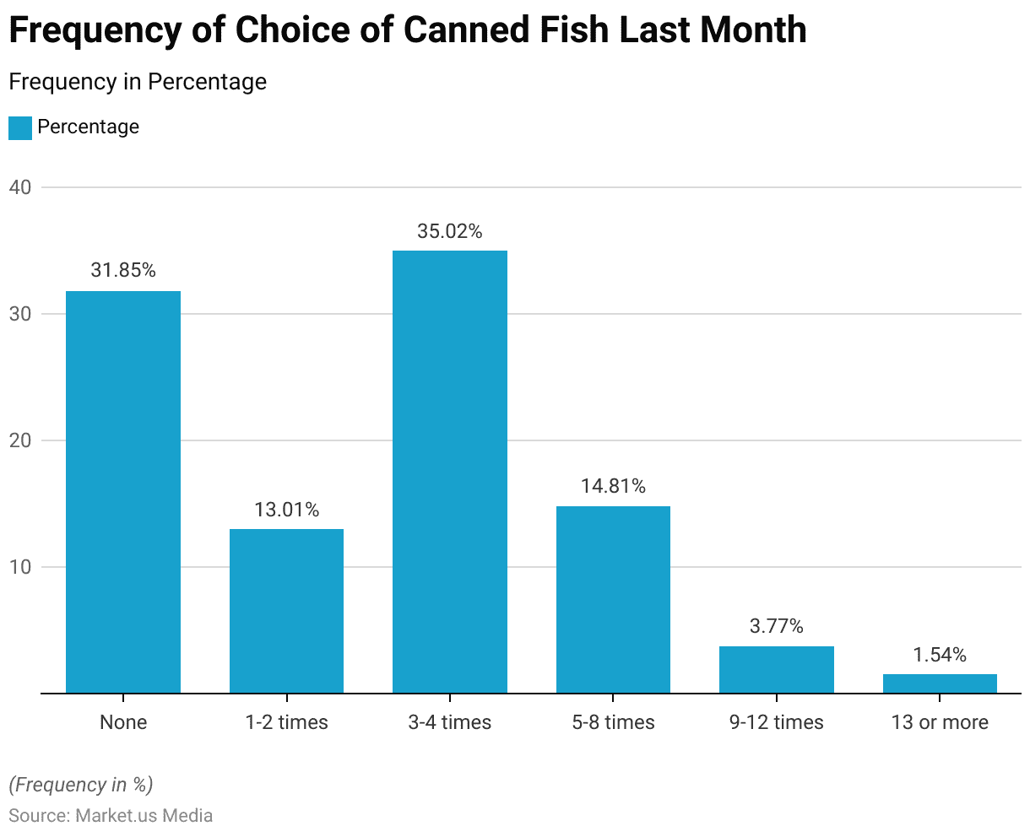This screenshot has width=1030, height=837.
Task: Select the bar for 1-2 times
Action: (x=286, y=611)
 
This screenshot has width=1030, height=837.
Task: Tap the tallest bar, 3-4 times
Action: (x=450, y=472)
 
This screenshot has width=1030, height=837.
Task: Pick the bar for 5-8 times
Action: (x=613, y=600)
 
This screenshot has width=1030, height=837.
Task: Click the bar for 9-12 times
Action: (x=777, y=670)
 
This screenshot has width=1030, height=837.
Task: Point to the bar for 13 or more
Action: (x=940, y=683)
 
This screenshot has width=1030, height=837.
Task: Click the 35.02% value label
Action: (x=450, y=231)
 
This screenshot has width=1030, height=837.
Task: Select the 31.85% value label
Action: (x=123, y=271)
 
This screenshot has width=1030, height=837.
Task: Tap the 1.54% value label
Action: (x=940, y=655)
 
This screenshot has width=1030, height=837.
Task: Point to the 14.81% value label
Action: (x=613, y=487)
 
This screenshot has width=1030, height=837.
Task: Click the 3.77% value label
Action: (x=777, y=627)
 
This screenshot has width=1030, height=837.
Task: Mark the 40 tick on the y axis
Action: (x=20, y=187)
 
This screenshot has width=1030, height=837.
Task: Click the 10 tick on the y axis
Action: (x=20, y=567)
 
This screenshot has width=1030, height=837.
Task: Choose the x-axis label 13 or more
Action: (x=940, y=722)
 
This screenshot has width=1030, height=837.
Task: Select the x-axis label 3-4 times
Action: (x=450, y=722)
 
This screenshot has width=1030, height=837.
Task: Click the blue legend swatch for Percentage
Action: (x=19, y=127)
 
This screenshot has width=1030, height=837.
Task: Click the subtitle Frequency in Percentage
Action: (x=138, y=82)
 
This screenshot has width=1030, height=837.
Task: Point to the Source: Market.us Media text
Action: (x=111, y=816)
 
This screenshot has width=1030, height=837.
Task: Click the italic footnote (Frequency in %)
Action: (x=81, y=785)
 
